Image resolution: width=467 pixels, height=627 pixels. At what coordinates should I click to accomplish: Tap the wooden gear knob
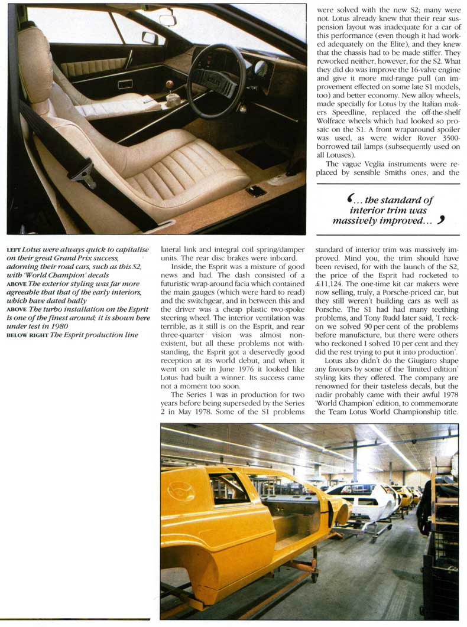pyautogui.click(x=170, y=84)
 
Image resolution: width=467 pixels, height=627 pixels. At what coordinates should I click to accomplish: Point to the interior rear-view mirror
pyautogui.click(x=168, y=19)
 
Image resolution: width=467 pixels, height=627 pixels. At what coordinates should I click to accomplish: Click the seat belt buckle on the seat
pyautogui.click(x=83, y=172)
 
